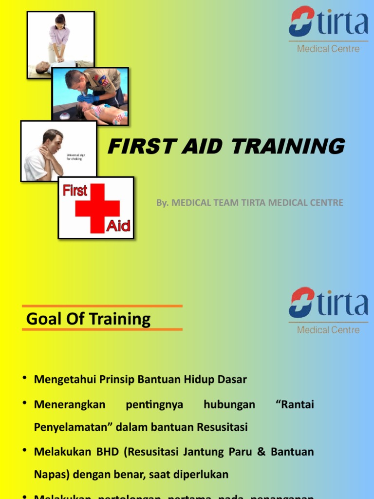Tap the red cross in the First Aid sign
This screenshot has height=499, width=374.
tap(97, 209)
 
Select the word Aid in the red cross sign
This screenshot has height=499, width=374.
tap(118, 226)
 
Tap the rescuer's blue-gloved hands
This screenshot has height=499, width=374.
tap(88, 98)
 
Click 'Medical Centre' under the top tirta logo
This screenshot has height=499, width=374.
tap(328, 49)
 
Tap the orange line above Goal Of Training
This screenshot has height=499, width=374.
tap(102, 306)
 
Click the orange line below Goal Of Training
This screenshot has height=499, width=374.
tap(102, 329)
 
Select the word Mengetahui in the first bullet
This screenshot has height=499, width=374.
tap(63, 380)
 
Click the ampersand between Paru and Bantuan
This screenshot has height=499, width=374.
tap(261, 452)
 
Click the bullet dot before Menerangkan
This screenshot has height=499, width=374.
tap(24, 403)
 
